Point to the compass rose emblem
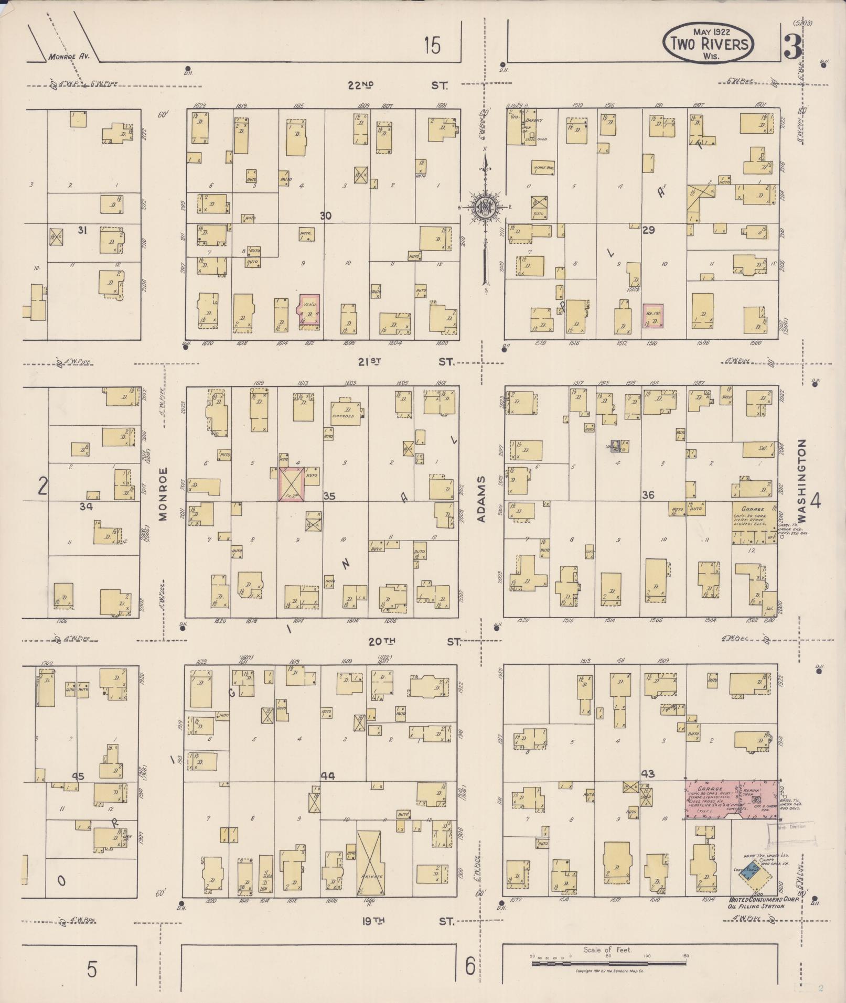[486, 207]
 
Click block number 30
[326, 215]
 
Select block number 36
[648, 495]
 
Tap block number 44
[329, 776]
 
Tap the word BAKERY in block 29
[535, 120]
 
